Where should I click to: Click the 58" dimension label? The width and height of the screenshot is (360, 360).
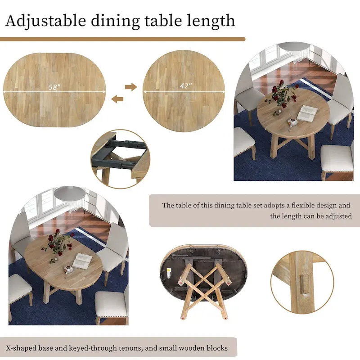pos(54,87)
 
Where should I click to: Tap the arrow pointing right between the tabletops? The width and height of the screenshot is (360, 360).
pos(131,87)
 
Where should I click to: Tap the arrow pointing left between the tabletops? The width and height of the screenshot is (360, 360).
pos(117,99)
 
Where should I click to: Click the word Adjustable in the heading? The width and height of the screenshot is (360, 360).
pos(45,21)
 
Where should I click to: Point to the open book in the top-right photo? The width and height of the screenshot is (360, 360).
pos(307,112)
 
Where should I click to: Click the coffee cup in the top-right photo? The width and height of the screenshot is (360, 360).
pos(292,121)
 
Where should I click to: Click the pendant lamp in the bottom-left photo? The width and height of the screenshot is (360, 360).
pos(70,193)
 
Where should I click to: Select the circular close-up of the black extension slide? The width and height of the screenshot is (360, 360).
pos(118,159)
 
